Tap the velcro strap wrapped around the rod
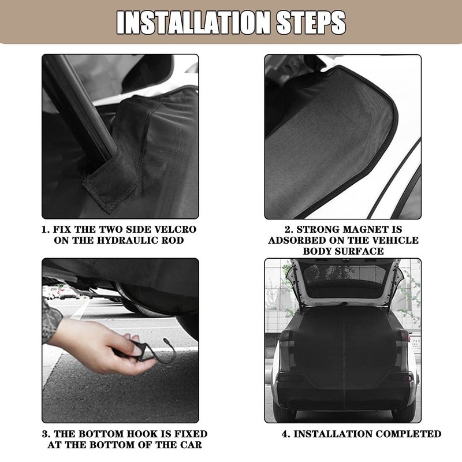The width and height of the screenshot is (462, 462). pos(110,179)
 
